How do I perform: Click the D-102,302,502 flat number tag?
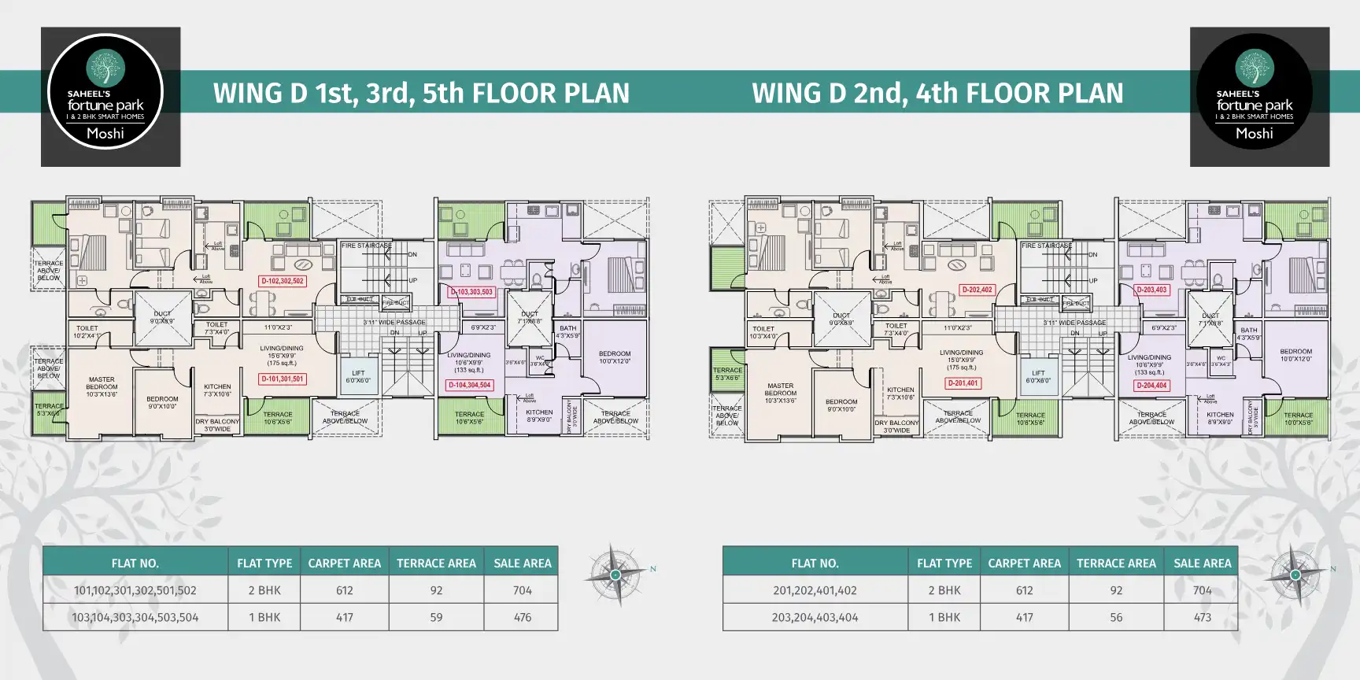click(283, 281)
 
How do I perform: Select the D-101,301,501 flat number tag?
click(283, 379)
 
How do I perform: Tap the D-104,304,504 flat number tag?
click(470, 385)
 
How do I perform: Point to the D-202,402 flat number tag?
click(977, 290)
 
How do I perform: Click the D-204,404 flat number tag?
click(1151, 386)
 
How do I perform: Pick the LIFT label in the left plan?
click(358, 376)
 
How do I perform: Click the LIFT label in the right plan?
click(1038, 376)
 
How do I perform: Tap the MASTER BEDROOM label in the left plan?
click(102, 386)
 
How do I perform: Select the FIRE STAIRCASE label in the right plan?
click(1046, 246)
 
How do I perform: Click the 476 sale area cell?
click(522, 617)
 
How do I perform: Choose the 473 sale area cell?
click(1202, 617)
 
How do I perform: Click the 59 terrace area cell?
click(436, 617)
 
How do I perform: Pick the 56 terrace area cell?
click(1116, 617)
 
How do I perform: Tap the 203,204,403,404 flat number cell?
click(815, 617)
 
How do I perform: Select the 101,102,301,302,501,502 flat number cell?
click(135, 590)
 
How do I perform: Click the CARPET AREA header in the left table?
click(344, 564)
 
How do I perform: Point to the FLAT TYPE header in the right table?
click(944, 564)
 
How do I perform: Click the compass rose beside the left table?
click(616, 575)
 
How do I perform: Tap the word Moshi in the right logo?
click(1254, 134)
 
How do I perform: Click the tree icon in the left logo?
click(105, 68)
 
